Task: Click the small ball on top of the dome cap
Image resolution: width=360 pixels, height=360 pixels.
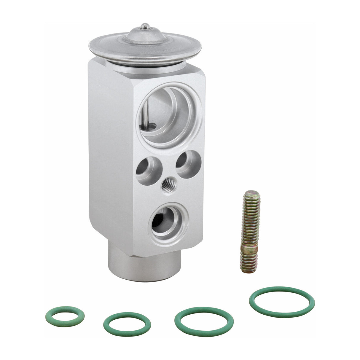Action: (x=145, y=26)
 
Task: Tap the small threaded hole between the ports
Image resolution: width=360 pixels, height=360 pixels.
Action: (x=168, y=186)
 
